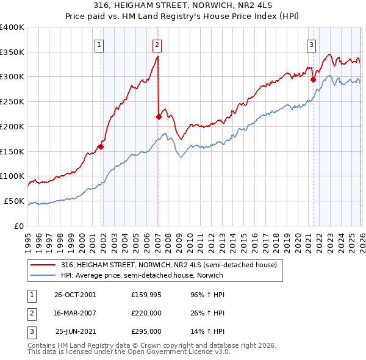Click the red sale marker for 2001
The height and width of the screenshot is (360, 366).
coord(101,146)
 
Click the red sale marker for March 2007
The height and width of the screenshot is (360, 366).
coord(159,116)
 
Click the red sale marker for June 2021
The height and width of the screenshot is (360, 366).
coord(313,79)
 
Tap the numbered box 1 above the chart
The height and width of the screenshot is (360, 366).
coord(99,44)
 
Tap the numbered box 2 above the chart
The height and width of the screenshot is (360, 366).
coord(157,44)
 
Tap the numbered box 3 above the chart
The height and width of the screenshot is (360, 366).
coord(311,44)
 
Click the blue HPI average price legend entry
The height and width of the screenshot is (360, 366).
coord(142,275)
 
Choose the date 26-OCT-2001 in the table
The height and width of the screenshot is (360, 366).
coord(75,294)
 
